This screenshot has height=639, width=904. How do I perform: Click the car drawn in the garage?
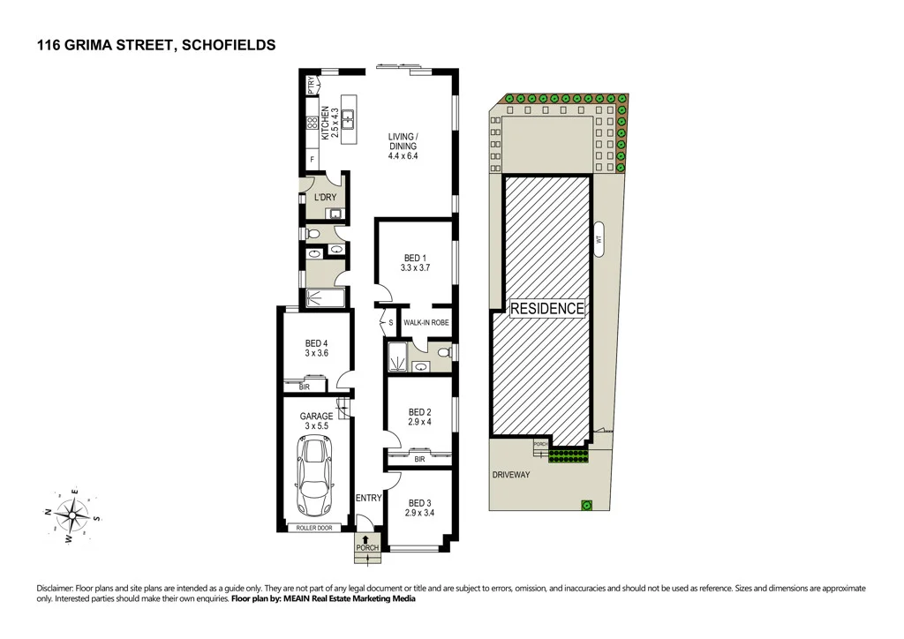coord(315,477)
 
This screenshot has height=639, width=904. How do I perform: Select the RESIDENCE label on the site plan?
coord(547,308)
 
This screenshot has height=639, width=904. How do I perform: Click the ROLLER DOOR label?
coord(315,529)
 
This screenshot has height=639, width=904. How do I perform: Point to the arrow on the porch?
coord(366,538)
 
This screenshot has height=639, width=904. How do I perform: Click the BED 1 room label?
coord(415,262)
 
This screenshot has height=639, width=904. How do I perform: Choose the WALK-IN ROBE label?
coord(426,323)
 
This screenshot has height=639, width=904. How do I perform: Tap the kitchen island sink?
coord(348,116)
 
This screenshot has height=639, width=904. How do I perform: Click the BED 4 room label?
coord(316,349)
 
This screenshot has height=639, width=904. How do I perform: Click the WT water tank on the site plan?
coord(599,238)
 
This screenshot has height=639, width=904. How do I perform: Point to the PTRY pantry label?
coord(311,85)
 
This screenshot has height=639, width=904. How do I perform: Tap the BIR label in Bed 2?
coord(420,459)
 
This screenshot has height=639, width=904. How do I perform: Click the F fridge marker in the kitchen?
coord(311,159)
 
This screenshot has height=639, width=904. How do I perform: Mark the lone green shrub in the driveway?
coord(584,505)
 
